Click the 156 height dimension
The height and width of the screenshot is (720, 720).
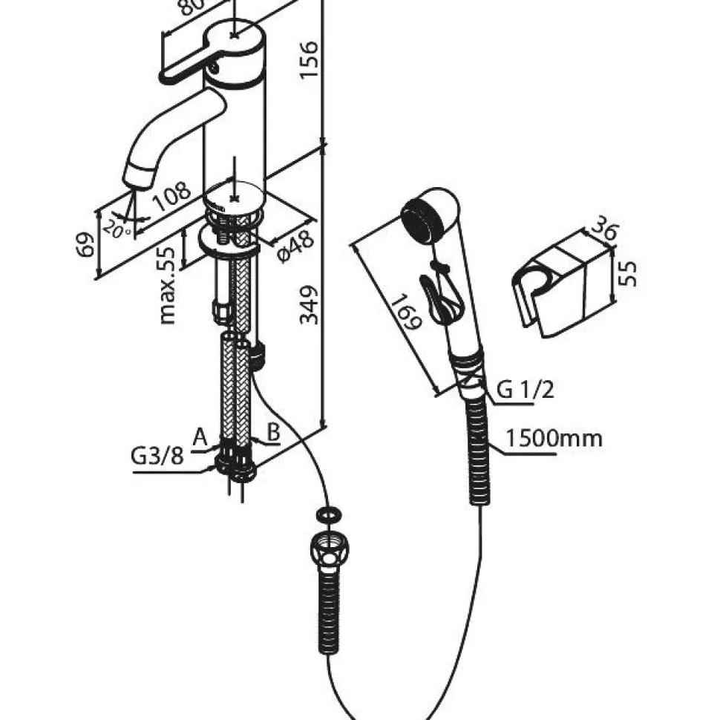[x=309, y=60]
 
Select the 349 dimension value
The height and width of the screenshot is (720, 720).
[x=309, y=305]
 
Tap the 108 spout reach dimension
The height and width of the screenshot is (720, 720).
[x=171, y=197]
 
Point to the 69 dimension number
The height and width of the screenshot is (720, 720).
[x=85, y=245]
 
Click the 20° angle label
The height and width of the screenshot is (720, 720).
[x=117, y=228]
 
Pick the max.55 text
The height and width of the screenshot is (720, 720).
[x=167, y=286]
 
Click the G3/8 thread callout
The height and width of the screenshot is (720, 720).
[x=157, y=456]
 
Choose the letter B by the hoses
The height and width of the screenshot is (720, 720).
[x=274, y=432]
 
